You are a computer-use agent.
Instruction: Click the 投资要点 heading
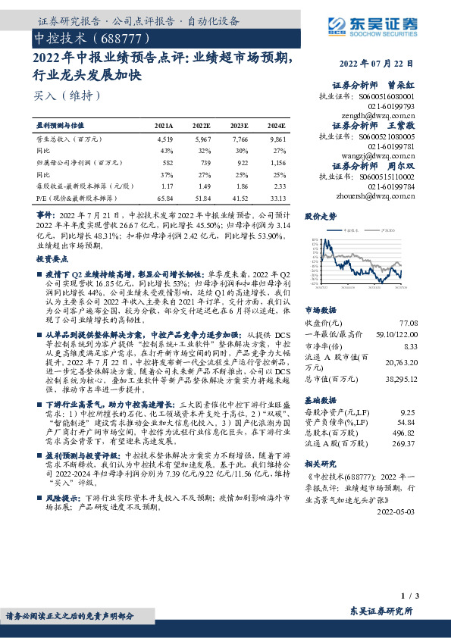[52, 259]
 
